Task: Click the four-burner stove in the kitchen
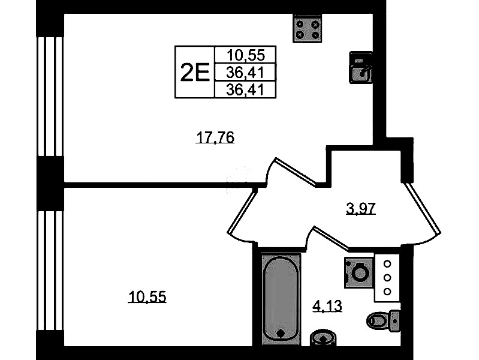(x=308, y=28)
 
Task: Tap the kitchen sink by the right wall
(x=361, y=68)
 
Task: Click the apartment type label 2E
(x=195, y=72)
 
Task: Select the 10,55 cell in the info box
(x=246, y=55)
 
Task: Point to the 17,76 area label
(x=215, y=137)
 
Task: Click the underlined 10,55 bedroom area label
(x=147, y=296)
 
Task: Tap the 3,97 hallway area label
(x=360, y=209)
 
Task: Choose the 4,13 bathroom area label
(x=327, y=305)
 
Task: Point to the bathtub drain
(x=281, y=333)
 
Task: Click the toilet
(x=383, y=321)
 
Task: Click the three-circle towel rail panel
(x=387, y=277)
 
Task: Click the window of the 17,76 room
(x=50, y=97)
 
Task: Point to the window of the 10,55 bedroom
(x=50, y=271)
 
